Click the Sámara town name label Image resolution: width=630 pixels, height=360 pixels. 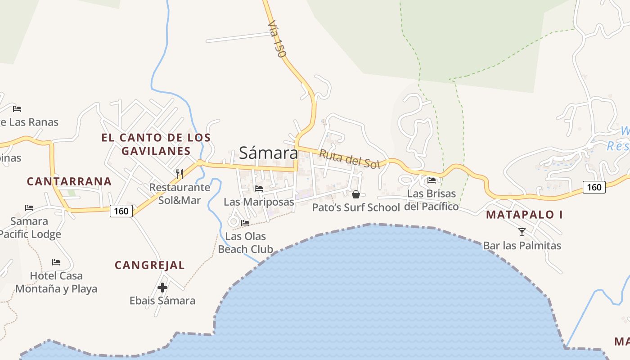pyautogui.click(x=268, y=153)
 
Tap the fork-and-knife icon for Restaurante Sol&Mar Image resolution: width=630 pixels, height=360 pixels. pyautogui.click(x=179, y=174)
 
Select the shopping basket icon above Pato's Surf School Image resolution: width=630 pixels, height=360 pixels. pyautogui.click(x=355, y=194)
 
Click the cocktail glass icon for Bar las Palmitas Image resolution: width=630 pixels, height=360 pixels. pyautogui.click(x=522, y=232)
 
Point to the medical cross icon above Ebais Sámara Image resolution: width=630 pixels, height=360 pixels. pyautogui.click(x=162, y=287)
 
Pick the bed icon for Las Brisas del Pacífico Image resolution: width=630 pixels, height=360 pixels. pyautogui.click(x=432, y=180)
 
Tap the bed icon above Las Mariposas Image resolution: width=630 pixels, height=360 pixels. pyautogui.click(x=259, y=189)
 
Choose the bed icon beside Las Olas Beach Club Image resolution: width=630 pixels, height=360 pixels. pyautogui.click(x=245, y=223)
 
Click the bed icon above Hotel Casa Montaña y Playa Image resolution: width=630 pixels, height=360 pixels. pyautogui.click(x=56, y=262)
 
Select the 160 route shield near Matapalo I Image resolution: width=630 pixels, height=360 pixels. pyautogui.click(x=594, y=187)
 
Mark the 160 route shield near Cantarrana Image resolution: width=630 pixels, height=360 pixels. pyautogui.click(x=121, y=211)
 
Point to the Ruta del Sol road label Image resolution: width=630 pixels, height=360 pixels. pyautogui.click(x=350, y=159)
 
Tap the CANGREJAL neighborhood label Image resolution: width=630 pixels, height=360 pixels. pyautogui.click(x=150, y=265)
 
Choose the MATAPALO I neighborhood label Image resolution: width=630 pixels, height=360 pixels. pyautogui.click(x=524, y=215)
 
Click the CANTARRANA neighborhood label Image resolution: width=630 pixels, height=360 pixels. pyautogui.click(x=69, y=181)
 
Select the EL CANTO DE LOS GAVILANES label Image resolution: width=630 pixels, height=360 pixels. pyautogui.click(x=156, y=144)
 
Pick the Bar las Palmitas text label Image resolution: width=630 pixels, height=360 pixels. pyautogui.click(x=522, y=246)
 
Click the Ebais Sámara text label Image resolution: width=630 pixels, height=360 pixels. pyautogui.click(x=162, y=301)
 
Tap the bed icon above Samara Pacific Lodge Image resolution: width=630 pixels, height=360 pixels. pyautogui.click(x=29, y=208)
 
